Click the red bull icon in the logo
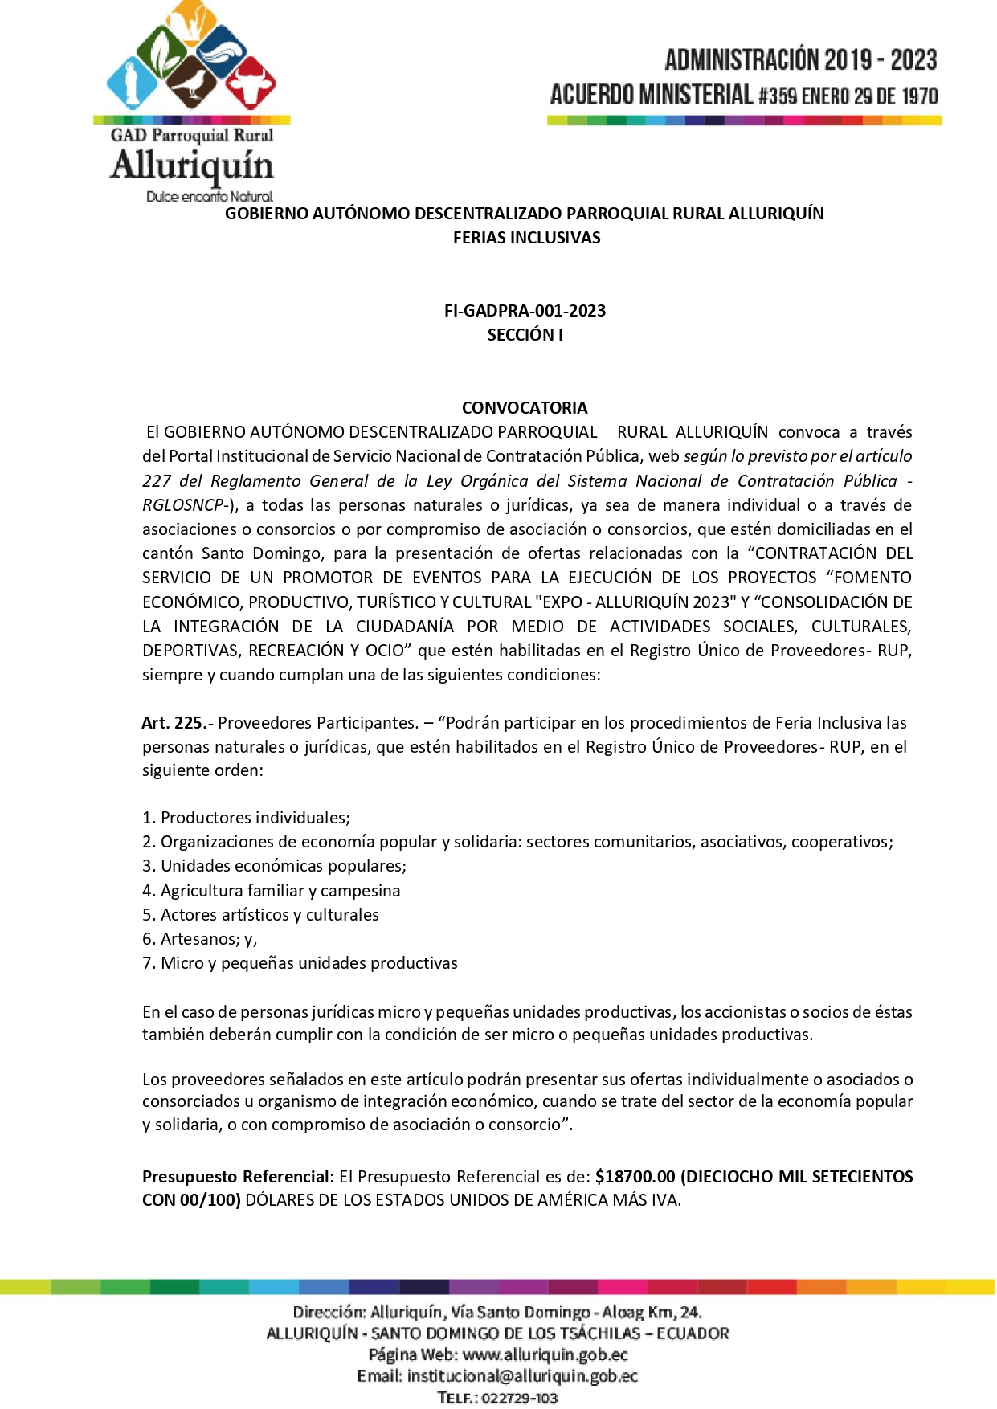tap(250, 82)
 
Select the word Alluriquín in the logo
tap(192, 165)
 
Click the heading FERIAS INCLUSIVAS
tap(526, 238)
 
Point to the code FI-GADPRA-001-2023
tap(525, 311)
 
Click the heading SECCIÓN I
tap(525, 335)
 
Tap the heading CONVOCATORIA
tap(525, 408)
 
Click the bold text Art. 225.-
tap(177, 723)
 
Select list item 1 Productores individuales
tap(247, 818)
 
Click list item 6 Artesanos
tap(200, 939)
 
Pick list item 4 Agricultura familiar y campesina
tap(272, 891)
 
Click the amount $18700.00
tap(635, 1177)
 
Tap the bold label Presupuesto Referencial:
tap(238, 1177)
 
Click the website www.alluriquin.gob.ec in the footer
tap(545, 1355)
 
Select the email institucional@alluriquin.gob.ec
tap(522, 1376)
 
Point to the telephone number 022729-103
tap(521, 1399)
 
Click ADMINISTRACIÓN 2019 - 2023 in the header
tap(800, 60)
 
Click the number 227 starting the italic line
tap(157, 481)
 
